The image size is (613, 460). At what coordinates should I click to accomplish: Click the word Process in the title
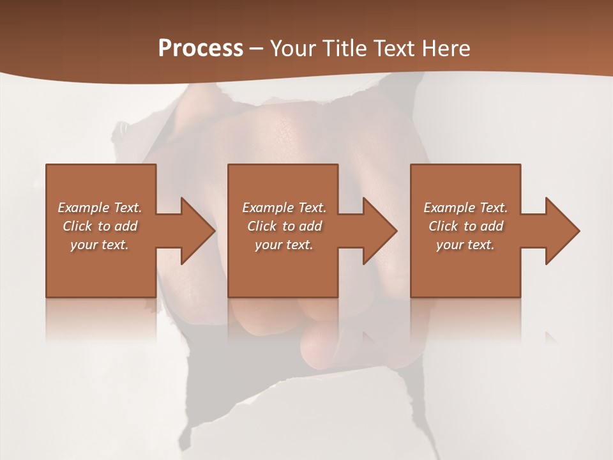click(x=201, y=49)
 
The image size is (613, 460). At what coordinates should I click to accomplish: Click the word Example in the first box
click(x=84, y=208)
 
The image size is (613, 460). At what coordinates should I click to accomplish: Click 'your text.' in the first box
click(x=100, y=245)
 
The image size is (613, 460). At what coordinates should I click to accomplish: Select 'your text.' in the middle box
click(x=284, y=245)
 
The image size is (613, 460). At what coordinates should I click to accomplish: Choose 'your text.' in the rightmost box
click(x=465, y=245)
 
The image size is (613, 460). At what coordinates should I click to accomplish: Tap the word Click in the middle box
click(x=262, y=226)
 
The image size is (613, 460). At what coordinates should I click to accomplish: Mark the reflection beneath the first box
click(x=101, y=319)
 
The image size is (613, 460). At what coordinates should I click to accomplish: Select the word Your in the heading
click(x=292, y=49)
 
